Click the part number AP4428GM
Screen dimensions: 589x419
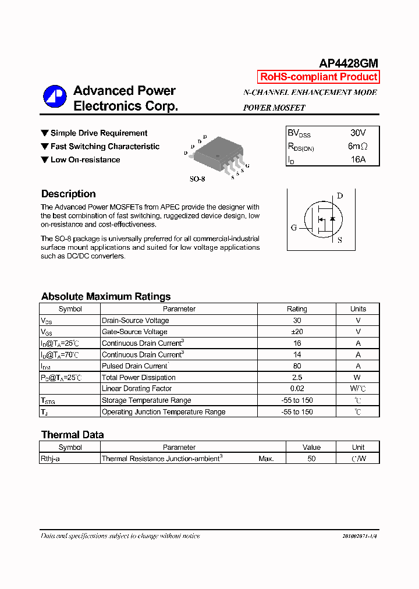(x=349, y=63)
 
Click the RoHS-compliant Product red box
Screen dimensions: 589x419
(x=318, y=77)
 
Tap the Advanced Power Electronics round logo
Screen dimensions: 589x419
(x=55, y=97)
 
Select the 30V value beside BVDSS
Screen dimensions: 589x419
(x=358, y=133)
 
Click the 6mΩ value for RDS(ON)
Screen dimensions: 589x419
(x=357, y=146)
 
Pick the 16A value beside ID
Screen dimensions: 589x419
(x=358, y=159)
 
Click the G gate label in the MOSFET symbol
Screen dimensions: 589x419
(x=294, y=228)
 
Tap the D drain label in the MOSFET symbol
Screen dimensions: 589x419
(x=340, y=196)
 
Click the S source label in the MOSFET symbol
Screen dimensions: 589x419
(x=340, y=240)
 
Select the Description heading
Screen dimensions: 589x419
(x=69, y=194)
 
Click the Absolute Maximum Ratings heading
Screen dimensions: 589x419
(x=106, y=296)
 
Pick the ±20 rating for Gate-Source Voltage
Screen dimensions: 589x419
(x=297, y=332)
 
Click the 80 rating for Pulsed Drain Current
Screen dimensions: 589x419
(x=297, y=366)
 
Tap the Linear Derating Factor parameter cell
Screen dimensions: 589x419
(x=137, y=389)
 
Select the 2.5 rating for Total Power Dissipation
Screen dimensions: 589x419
(x=297, y=377)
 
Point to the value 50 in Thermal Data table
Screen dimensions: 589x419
(x=311, y=459)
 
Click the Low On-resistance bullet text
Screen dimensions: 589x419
(x=85, y=159)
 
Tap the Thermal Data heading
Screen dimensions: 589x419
(x=72, y=435)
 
